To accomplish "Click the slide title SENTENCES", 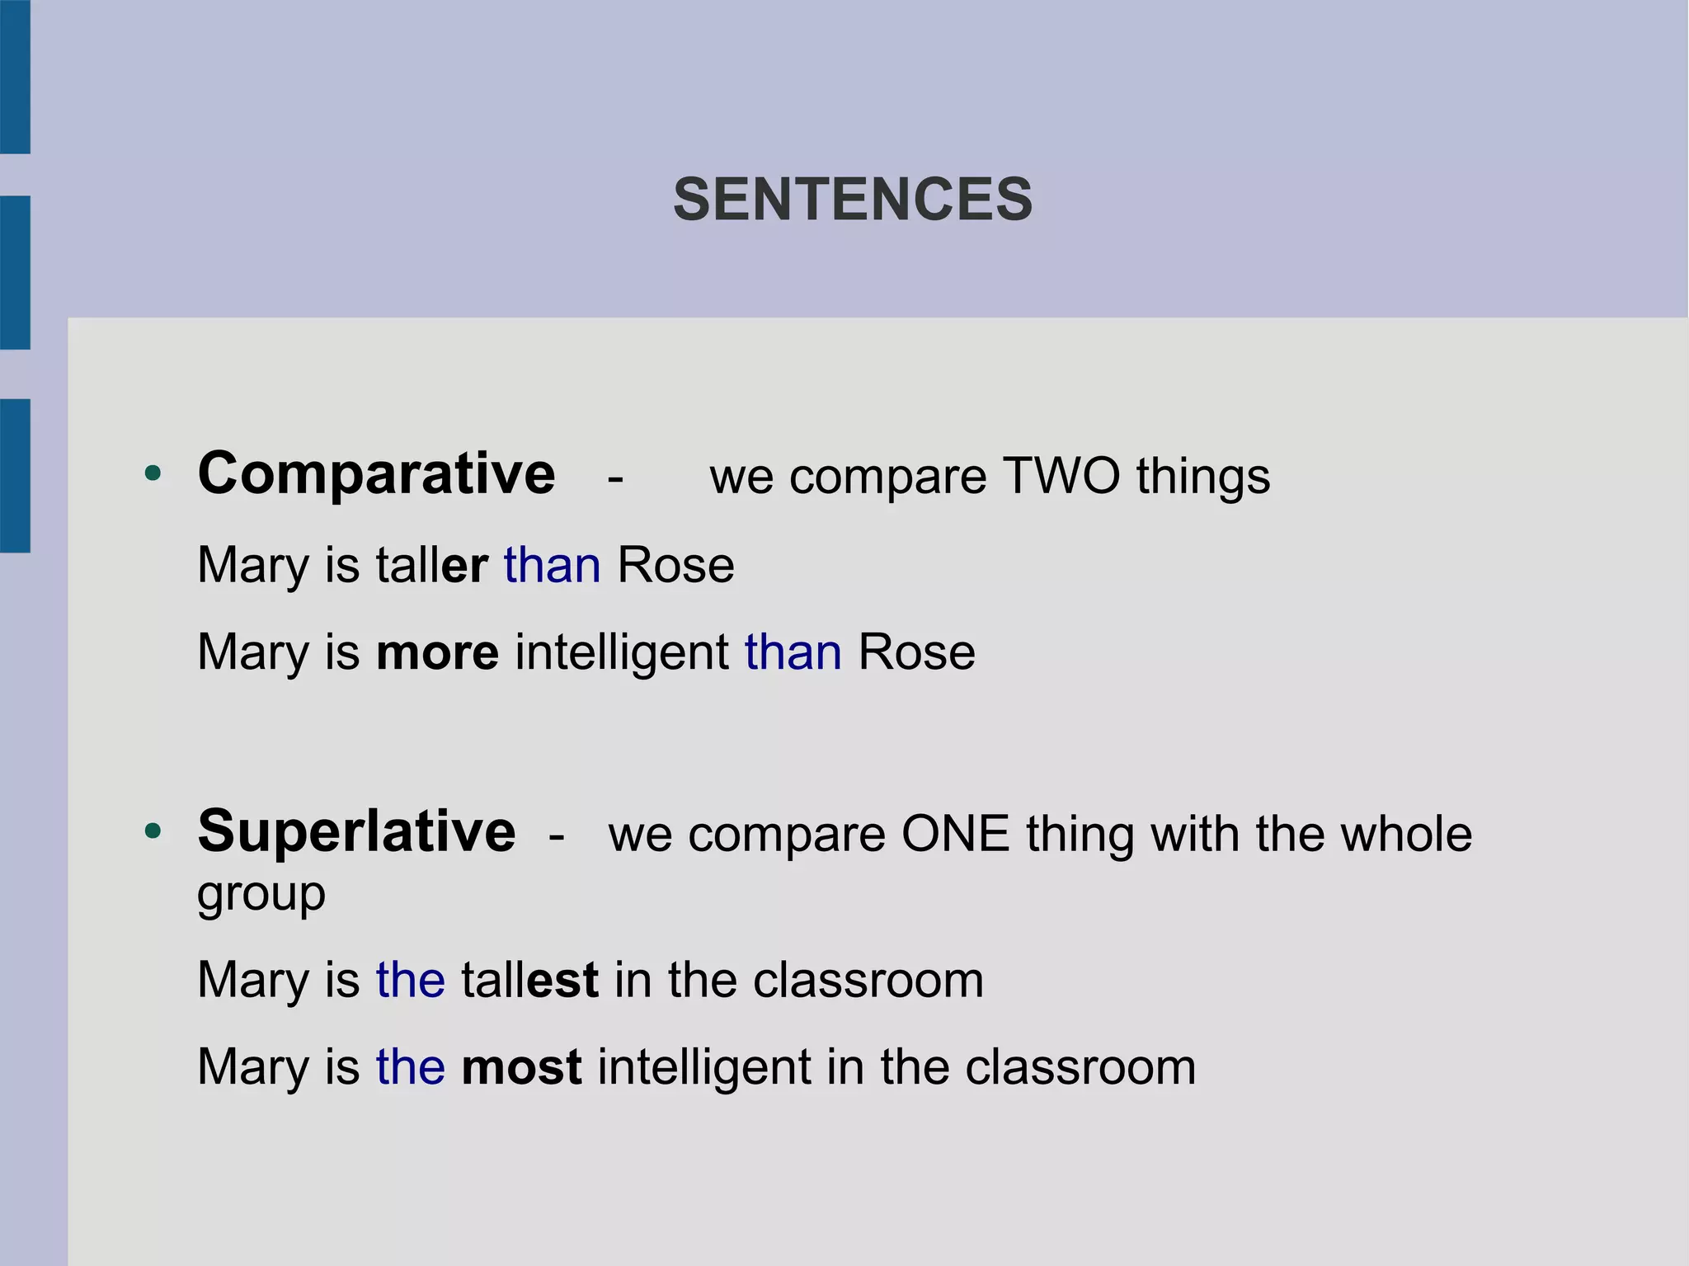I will point(853,200).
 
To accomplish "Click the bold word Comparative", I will point(376,475).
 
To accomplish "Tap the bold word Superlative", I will point(356,831).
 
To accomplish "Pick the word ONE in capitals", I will point(955,834).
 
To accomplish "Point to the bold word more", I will point(437,653).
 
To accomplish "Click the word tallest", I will point(529,980).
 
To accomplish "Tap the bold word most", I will point(521,1067).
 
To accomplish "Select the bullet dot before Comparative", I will point(153,474).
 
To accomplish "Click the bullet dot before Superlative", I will point(153,831).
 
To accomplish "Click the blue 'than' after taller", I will point(552,566).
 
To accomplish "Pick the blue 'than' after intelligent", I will point(793,653).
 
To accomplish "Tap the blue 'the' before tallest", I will point(411,980).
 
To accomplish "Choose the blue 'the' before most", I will point(411,1067).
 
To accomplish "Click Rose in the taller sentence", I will point(675,566).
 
